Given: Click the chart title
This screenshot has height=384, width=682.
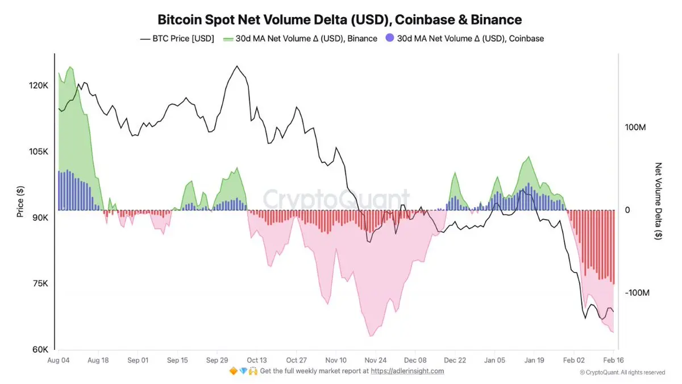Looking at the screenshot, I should pyautogui.click(x=339, y=20).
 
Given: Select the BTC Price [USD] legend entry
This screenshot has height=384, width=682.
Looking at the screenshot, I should pyautogui.click(x=177, y=39).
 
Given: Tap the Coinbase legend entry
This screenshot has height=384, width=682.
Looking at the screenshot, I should pyautogui.click(x=464, y=39).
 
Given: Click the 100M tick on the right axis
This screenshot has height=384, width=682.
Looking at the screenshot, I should pyautogui.click(x=635, y=127).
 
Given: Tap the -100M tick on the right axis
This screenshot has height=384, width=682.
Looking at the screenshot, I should pyautogui.click(x=637, y=292).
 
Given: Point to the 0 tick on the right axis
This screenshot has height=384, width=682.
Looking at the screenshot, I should pyautogui.click(x=627, y=210).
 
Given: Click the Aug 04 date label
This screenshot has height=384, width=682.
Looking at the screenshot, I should pyautogui.click(x=59, y=360).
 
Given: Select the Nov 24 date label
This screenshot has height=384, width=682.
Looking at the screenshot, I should pyautogui.click(x=376, y=360).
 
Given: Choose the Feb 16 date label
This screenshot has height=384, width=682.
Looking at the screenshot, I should pyautogui.click(x=613, y=360).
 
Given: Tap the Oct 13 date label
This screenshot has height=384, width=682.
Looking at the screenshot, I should pyautogui.click(x=257, y=360).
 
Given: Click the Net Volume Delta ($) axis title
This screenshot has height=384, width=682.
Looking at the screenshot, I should pyautogui.click(x=659, y=201).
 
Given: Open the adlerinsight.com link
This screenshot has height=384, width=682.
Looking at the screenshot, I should pyautogui.click(x=407, y=371).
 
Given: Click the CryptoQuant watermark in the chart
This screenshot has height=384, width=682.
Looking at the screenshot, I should pyautogui.click(x=335, y=199).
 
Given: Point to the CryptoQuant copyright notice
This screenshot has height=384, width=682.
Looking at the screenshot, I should pyautogui.click(x=622, y=373).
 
